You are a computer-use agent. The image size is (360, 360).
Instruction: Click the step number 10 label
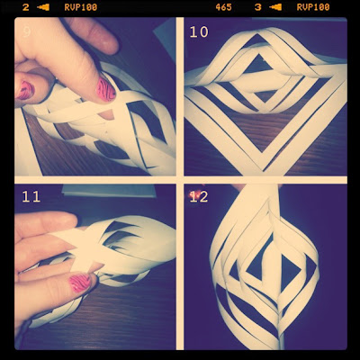(x=199, y=31)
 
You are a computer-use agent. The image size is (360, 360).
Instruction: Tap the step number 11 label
(x=31, y=196)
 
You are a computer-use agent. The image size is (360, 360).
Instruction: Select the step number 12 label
(x=199, y=196)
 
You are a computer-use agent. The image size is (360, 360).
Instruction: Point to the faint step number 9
(x=26, y=31)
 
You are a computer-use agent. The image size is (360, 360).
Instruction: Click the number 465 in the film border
(x=223, y=7)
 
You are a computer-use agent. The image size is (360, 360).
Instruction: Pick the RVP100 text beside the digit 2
(x=81, y=7)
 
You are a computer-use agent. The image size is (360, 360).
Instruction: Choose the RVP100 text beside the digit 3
(x=313, y=7)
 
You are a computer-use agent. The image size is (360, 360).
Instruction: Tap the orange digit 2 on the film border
(x=26, y=7)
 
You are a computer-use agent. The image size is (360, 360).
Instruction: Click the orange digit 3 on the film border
(x=258, y=7)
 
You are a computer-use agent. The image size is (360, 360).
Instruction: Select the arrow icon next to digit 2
(x=43, y=7)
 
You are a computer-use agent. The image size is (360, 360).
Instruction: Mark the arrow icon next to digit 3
(x=275, y=7)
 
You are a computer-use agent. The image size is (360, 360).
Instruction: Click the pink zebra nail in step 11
(x=80, y=283)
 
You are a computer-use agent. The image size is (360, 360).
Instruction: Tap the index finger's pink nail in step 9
(x=105, y=89)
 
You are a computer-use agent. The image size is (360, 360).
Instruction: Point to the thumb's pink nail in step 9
(x=25, y=90)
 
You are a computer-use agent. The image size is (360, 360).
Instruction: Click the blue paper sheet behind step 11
(x=110, y=191)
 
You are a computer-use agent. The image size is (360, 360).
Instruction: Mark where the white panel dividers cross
(x=180, y=180)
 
